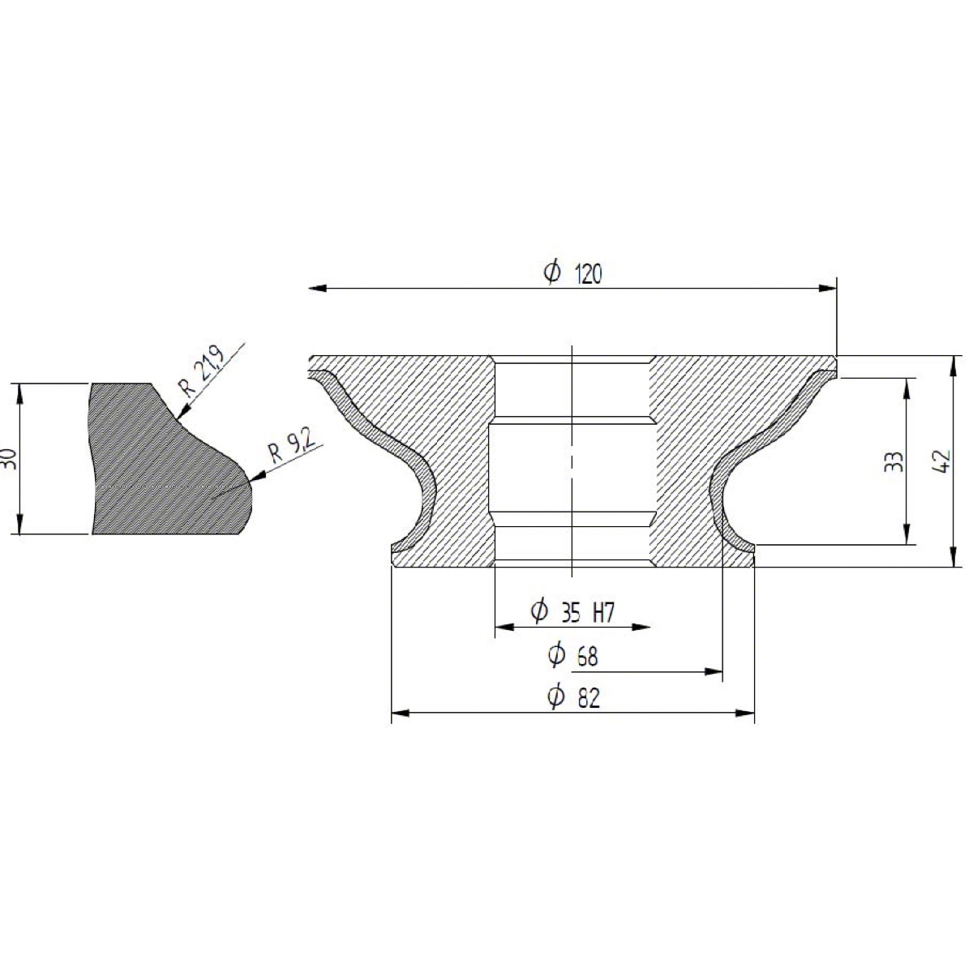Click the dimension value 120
pos(588,274)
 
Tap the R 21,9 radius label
pos(202,371)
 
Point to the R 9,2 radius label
pos(293,446)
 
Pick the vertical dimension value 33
pos(894,461)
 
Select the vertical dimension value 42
pos(940,460)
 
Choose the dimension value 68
pos(587,658)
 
